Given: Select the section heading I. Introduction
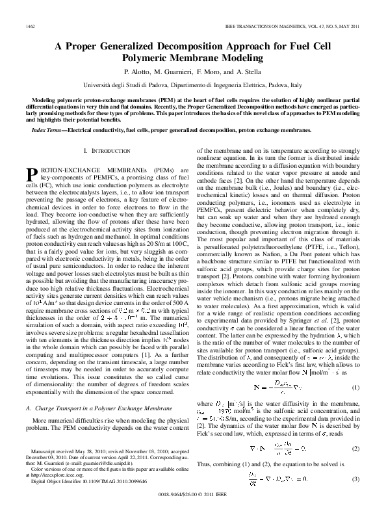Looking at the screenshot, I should point(103,150).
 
